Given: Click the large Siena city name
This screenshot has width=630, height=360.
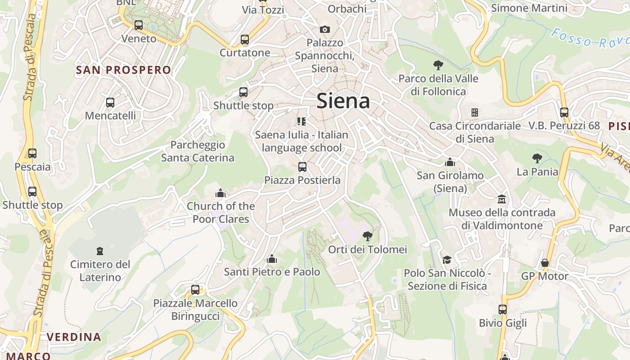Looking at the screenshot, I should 343,101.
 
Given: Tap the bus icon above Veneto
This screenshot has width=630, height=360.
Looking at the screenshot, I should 139,25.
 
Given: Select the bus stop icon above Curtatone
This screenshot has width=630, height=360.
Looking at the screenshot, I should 245,40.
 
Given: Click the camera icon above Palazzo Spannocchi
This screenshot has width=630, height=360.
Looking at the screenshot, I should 324,29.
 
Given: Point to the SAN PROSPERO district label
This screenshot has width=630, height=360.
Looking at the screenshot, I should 124,70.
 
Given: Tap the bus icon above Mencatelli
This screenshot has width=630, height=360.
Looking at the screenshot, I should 110,102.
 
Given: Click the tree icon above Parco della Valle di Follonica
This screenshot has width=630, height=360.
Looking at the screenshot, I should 438,65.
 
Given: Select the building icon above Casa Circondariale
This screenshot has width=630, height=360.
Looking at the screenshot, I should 474,112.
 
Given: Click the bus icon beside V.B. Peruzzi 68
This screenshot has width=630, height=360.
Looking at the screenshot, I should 564,112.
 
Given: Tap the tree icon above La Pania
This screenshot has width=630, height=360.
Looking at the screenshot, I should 537,158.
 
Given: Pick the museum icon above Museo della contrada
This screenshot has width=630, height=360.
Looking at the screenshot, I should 502,198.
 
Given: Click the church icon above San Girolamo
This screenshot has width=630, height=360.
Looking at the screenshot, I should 450,162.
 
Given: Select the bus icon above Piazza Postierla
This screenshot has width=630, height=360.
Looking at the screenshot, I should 302,167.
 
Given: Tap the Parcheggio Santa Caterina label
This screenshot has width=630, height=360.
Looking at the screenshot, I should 198,151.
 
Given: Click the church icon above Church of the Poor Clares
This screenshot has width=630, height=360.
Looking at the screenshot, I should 220,193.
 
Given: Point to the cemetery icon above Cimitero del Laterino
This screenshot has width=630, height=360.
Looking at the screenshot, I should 100,251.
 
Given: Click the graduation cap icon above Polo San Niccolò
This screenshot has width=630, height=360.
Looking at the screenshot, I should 447,260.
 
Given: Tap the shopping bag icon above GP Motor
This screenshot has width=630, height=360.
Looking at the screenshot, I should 545,262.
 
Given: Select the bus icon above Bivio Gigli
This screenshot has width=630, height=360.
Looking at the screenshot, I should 503,309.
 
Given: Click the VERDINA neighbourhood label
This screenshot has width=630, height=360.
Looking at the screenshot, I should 74,337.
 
